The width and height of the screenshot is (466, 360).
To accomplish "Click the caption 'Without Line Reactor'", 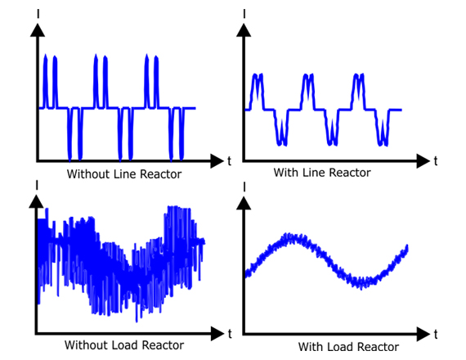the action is tap(124, 174).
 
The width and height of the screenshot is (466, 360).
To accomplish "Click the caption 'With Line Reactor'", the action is tap(322, 173).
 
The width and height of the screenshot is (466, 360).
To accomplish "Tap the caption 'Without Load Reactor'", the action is tap(124, 345).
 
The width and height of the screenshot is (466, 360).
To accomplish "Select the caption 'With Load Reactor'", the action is tap(348, 347).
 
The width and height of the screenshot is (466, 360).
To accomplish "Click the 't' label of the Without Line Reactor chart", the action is tap(229, 161).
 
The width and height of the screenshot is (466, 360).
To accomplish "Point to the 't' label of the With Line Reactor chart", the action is tap(436, 161).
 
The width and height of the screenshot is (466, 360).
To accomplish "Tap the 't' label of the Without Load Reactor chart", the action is tap(230, 334).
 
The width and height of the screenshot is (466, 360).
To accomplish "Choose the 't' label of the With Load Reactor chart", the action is tap(436, 335).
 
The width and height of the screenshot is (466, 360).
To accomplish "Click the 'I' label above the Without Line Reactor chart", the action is tap(38, 14).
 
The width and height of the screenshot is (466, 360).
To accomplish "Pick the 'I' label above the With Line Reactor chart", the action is tap(244, 14).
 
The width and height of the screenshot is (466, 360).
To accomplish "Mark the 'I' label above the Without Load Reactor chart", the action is tap(37, 185).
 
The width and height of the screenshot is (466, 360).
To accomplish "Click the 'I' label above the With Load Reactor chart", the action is tap(244, 187).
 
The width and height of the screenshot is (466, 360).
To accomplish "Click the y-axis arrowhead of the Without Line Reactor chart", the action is tap(38, 30).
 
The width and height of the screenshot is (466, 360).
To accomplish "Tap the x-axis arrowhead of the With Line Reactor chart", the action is tap(423, 161).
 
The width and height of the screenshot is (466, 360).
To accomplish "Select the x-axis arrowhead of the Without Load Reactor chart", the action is tap(217, 334).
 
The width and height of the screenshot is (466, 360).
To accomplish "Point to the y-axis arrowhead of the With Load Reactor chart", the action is tap(244, 204).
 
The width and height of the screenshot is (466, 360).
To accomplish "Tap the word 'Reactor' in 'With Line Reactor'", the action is tap(350, 173).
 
